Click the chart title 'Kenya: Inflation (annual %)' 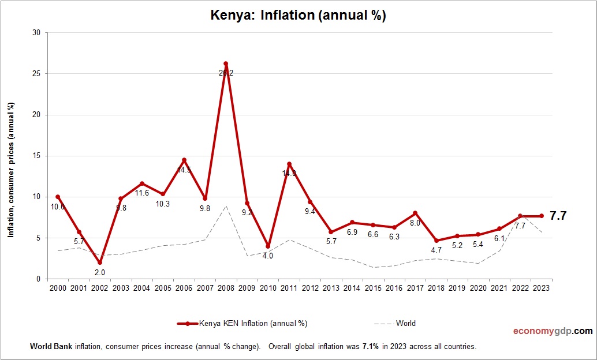(298, 16)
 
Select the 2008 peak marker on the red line (226, 63)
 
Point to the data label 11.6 (141, 193)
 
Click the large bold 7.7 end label (558, 216)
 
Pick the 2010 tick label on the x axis (268, 288)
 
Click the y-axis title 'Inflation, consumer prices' (11, 170)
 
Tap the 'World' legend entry (405, 323)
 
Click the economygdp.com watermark (553, 331)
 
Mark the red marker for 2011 (289, 164)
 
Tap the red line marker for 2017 (415, 213)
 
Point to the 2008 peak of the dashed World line (226, 206)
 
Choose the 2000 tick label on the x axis (58, 288)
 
